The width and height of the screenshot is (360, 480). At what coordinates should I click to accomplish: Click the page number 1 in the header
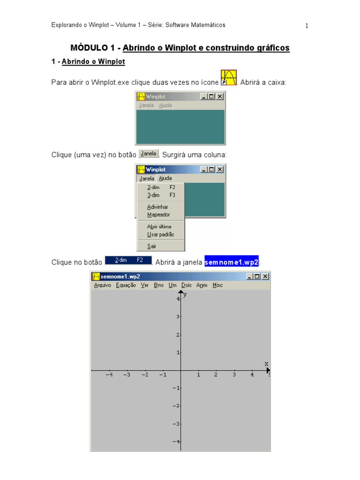pyautogui.click(x=307, y=26)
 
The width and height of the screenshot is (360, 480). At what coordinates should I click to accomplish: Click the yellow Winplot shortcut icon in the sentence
pyautogui.click(x=229, y=78)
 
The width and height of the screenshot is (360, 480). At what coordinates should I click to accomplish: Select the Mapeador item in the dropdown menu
pyautogui.click(x=158, y=215)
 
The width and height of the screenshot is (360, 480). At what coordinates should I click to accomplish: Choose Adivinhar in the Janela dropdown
pyautogui.click(x=157, y=207)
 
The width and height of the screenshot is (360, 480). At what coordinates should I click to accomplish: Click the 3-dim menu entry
pyautogui.click(x=153, y=195)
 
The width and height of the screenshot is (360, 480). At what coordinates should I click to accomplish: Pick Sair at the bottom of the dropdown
pyautogui.click(x=151, y=246)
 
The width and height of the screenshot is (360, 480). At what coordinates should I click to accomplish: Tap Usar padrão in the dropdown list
pyautogui.click(x=160, y=234)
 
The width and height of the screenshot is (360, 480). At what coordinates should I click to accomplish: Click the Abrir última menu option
pyautogui.click(x=159, y=226)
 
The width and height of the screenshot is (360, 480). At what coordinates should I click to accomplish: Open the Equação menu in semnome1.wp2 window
pyautogui.click(x=126, y=285)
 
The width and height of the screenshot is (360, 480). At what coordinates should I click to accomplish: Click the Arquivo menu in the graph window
pyautogui.click(x=103, y=285)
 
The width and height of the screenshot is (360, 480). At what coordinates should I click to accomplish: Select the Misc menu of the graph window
pyautogui.click(x=217, y=285)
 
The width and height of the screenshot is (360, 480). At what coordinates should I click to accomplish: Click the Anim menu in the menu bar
pyautogui.click(x=202, y=285)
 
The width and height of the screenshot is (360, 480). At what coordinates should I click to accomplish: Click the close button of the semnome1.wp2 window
pyautogui.click(x=265, y=277)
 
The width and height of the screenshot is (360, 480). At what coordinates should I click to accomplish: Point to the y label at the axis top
pyautogui.click(x=185, y=294)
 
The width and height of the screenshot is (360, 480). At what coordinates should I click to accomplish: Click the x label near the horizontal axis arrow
pyautogui.click(x=266, y=364)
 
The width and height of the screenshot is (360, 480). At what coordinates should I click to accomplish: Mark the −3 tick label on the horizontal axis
pyautogui.click(x=127, y=375)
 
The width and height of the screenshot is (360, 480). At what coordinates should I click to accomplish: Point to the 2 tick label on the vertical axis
pyautogui.click(x=178, y=335)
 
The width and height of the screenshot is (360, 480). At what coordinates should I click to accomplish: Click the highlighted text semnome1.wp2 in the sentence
pyautogui.click(x=232, y=262)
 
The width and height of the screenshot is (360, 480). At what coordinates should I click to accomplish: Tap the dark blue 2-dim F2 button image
pyautogui.click(x=128, y=260)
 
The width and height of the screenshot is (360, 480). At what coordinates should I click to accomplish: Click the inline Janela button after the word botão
pyautogui.click(x=149, y=153)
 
